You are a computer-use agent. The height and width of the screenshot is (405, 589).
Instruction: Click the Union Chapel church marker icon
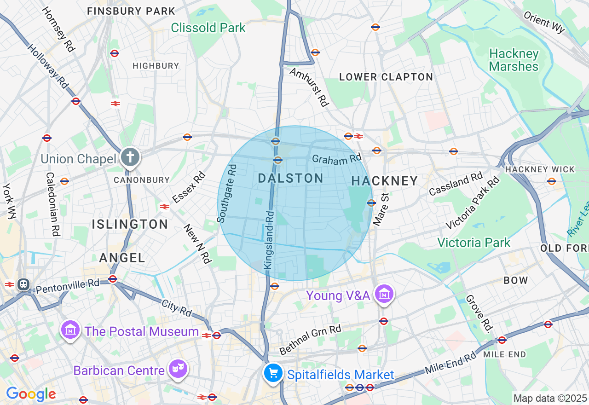click(130, 157)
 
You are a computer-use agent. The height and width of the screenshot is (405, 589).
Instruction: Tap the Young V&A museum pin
click(383, 294)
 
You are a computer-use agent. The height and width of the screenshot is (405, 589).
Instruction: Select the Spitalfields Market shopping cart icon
click(273, 373)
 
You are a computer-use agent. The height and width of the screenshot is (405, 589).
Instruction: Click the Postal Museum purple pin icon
click(70, 330)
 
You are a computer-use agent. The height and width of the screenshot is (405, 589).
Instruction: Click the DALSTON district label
click(290, 179)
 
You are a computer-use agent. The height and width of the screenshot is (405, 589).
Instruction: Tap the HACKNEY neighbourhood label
click(384, 181)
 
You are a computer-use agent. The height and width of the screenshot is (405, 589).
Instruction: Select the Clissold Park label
click(208, 28)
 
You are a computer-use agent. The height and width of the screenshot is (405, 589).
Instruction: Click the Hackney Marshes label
click(514, 60)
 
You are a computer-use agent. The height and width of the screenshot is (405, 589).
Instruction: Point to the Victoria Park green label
click(474, 243)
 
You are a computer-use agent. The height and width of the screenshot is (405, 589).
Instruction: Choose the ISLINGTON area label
click(130, 225)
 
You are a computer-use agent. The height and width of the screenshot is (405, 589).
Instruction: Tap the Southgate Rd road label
click(227, 191)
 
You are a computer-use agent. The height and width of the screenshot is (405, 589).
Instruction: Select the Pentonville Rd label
click(67, 286)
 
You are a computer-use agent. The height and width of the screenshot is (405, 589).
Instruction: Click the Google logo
click(31, 394)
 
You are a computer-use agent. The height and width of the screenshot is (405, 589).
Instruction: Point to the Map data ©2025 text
click(550, 398)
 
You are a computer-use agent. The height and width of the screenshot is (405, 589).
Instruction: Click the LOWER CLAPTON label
click(386, 77)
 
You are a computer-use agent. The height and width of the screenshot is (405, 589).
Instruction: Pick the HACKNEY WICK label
click(540, 169)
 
